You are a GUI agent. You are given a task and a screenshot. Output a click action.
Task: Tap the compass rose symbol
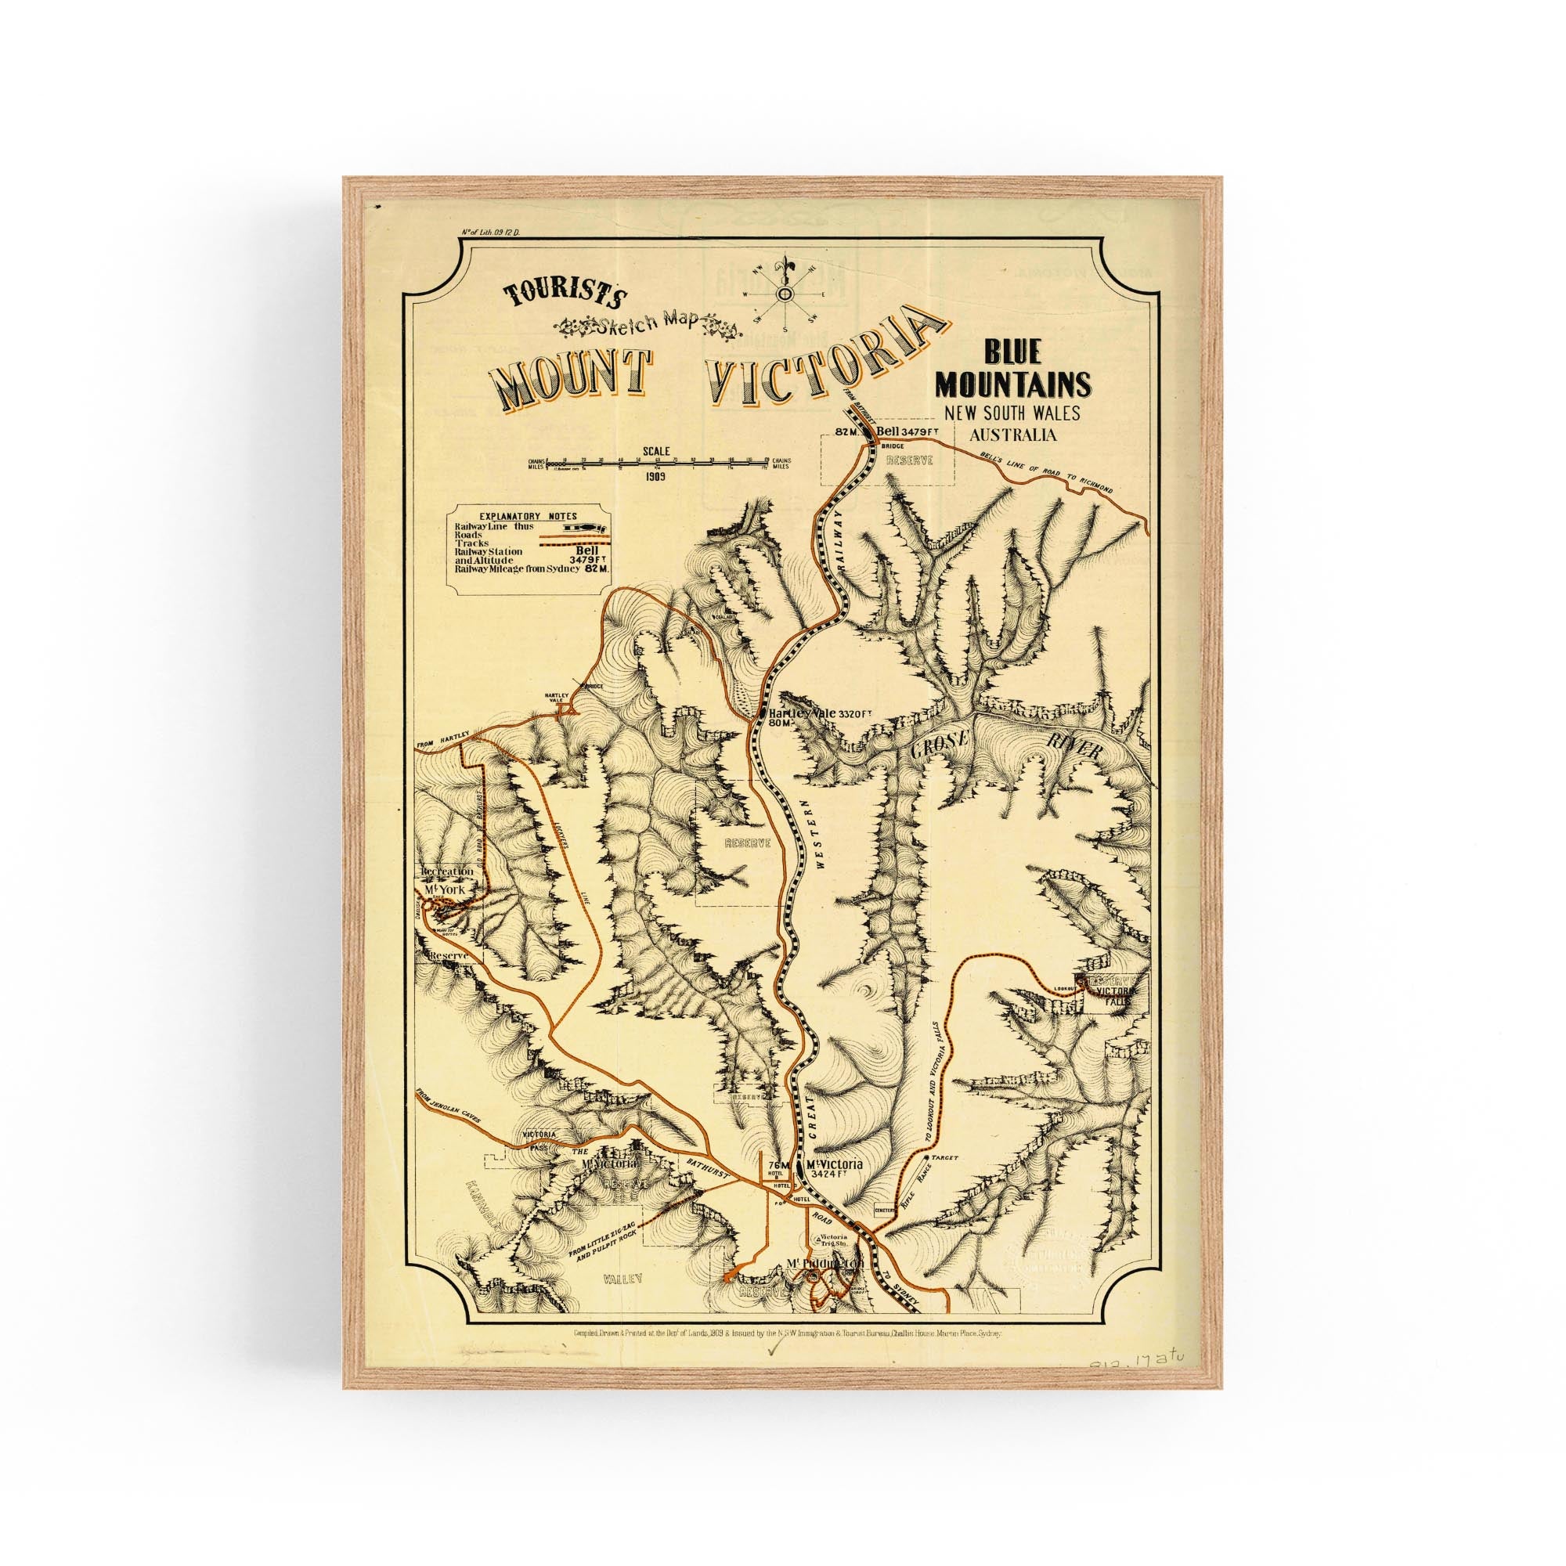[x=785, y=294]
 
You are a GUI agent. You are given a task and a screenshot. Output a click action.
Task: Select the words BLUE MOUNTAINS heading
[x=1013, y=368]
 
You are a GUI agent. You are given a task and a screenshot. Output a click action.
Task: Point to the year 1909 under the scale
[x=657, y=477]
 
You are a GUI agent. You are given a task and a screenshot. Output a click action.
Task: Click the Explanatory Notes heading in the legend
[x=528, y=515]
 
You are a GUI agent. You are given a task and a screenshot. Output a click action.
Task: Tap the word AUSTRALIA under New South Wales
[x=1012, y=435]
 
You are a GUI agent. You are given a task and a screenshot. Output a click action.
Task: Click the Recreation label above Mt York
[x=446, y=871]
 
